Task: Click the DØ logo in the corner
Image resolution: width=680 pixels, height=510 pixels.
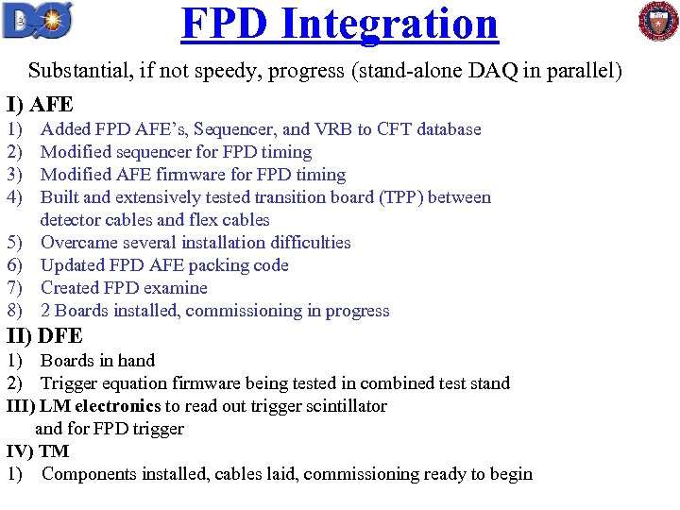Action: [37, 20]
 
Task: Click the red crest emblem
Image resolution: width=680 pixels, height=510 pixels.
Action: [658, 21]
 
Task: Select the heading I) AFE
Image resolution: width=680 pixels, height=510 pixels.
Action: [40, 105]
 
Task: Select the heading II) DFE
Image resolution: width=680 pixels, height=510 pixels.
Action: [44, 335]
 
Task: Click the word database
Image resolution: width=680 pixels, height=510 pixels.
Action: [443, 129]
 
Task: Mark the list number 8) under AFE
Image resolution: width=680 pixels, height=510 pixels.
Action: [15, 311]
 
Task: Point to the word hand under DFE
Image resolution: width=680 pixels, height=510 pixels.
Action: [137, 361]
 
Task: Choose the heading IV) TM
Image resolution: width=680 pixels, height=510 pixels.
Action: [38, 451]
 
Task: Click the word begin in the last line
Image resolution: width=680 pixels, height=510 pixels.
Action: [511, 474]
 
